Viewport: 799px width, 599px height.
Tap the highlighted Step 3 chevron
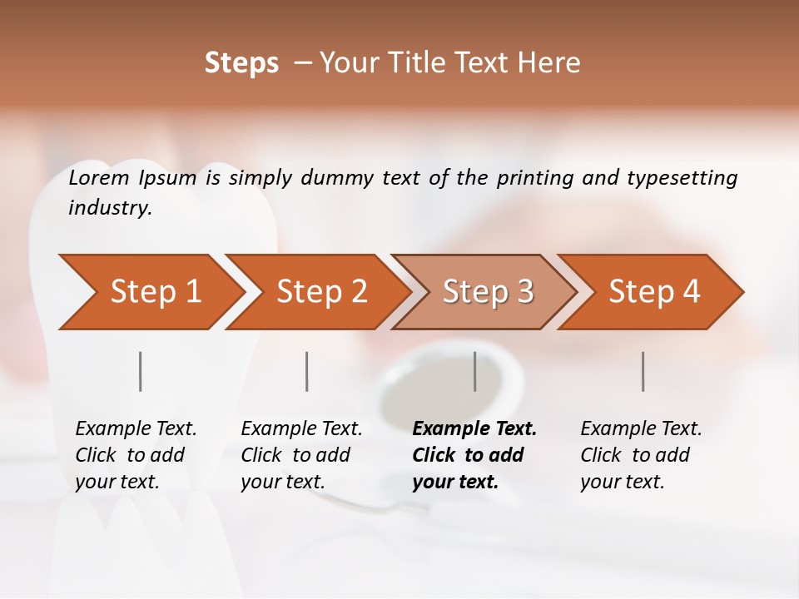click(x=488, y=292)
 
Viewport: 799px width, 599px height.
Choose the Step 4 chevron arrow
click(x=654, y=292)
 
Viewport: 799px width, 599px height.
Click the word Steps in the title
click(x=241, y=63)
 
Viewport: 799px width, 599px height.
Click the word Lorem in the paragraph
click(x=99, y=177)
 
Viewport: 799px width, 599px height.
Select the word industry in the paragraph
click(x=109, y=208)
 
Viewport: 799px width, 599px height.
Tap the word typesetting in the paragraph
click(x=682, y=177)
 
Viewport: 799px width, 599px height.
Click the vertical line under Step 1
click(x=141, y=371)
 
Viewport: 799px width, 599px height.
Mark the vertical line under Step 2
click(x=307, y=371)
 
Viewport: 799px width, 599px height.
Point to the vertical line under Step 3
click(x=475, y=371)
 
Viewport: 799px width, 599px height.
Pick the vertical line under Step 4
click(x=643, y=371)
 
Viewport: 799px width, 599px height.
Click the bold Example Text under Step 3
click(x=474, y=428)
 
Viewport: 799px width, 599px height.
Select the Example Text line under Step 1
click(x=136, y=428)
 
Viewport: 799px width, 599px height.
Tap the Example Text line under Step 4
click(x=641, y=428)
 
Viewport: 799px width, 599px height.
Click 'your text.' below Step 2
click(x=282, y=482)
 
